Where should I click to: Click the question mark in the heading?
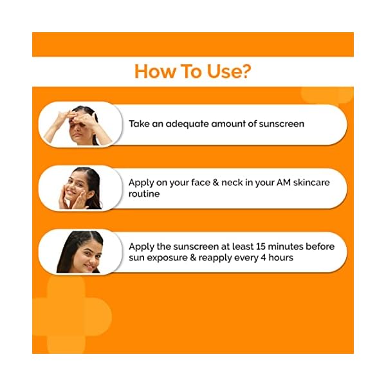[244, 71]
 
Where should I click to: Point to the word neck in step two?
[234, 183]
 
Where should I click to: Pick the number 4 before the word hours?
[262, 257]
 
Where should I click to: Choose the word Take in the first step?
[140, 124]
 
